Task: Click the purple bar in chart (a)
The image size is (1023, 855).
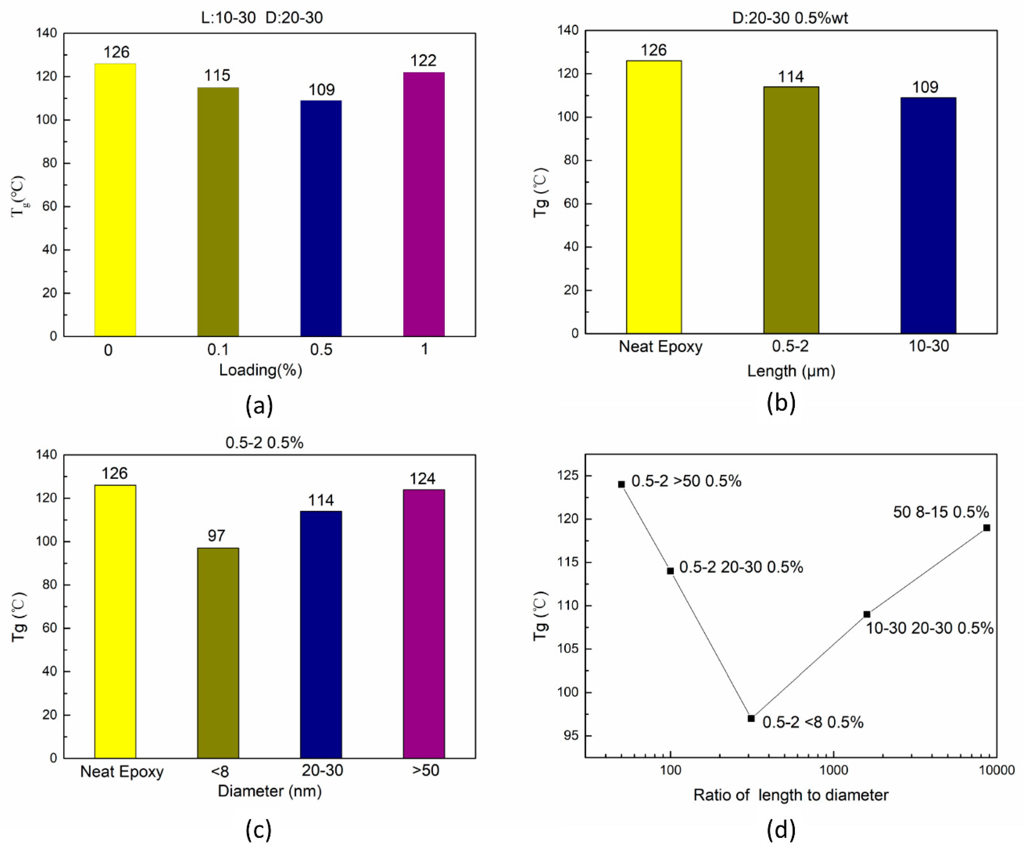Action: tap(424, 205)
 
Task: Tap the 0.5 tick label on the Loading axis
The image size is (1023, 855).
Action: tap(321, 350)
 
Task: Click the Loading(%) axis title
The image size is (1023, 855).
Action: tap(261, 371)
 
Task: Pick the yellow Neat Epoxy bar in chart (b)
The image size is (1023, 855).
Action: tap(654, 197)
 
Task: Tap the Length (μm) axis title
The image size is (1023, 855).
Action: tap(791, 371)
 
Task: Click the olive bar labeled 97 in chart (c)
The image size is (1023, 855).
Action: tap(218, 653)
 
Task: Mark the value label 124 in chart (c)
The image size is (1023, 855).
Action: tap(422, 479)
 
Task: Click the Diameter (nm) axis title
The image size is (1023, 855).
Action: tap(269, 791)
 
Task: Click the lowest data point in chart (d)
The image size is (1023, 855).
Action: tap(751, 718)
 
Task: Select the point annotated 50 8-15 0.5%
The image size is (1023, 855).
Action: tap(987, 528)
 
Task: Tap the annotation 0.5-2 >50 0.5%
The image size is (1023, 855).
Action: tap(686, 482)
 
